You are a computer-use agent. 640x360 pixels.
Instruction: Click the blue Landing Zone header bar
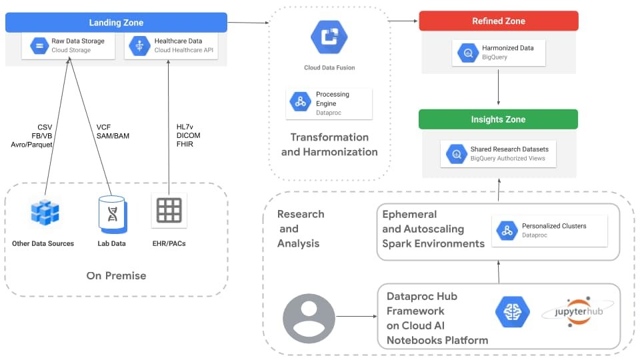pos(116,23)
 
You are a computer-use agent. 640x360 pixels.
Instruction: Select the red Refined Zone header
pos(498,21)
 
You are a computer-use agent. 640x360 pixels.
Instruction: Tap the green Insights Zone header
pos(498,119)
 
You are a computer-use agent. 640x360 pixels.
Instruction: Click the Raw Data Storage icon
pos(39,46)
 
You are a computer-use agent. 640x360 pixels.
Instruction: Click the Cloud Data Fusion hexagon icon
pos(329,37)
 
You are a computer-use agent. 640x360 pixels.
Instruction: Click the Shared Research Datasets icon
pos(457,154)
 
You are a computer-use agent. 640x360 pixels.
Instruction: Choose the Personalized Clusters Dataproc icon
pos(507,231)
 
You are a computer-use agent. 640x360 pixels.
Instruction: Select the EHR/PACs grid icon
pos(169,211)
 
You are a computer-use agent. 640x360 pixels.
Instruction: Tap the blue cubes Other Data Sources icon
pos(45,213)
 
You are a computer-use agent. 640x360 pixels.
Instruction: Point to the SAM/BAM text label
pos(113,135)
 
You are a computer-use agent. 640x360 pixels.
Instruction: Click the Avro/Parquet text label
pos(31,144)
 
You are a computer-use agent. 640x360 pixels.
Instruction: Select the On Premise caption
pos(116,275)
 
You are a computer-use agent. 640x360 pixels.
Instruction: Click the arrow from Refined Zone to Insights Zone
pos(499,87)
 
